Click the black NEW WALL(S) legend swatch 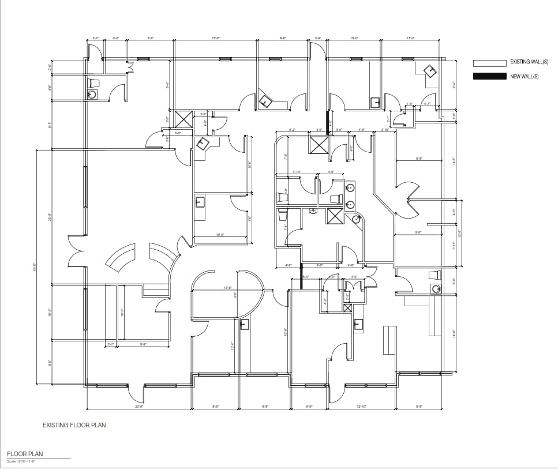489,76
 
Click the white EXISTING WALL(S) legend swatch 489,62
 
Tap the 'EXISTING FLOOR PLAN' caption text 74,426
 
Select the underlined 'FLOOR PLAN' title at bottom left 25,454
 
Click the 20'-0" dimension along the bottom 138,407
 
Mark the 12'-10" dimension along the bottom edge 362,407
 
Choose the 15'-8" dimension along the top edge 216,39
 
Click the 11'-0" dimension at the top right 411,39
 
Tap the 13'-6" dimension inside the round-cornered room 227,288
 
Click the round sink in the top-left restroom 91,95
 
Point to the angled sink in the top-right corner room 430,70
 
